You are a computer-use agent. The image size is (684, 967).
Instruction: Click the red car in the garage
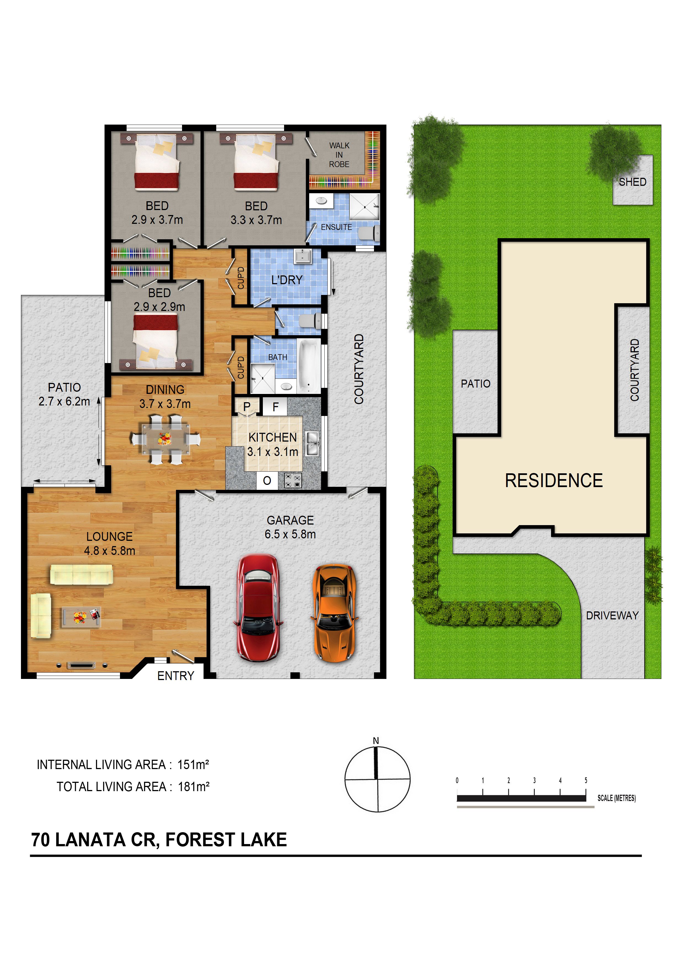pyautogui.click(x=258, y=608)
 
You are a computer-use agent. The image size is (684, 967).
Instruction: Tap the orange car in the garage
pyautogui.click(x=334, y=613)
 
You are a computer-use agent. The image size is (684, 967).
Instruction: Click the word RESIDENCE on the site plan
pyautogui.click(x=554, y=480)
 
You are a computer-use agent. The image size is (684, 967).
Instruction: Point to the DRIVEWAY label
pyautogui.click(x=612, y=616)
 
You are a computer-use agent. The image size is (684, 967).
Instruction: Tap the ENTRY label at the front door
pyautogui.click(x=176, y=676)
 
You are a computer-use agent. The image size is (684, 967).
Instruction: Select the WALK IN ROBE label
pyautogui.click(x=339, y=155)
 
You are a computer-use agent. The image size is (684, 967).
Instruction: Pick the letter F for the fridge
pyautogui.click(x=275, y=407)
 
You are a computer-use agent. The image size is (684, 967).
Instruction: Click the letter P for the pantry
pyautogui.click(x=247, y=407)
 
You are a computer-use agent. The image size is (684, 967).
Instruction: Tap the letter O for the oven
pyautogui.click(x=267, y=480)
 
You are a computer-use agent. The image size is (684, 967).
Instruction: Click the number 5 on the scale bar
pyautogui.click(x=586, y=780)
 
